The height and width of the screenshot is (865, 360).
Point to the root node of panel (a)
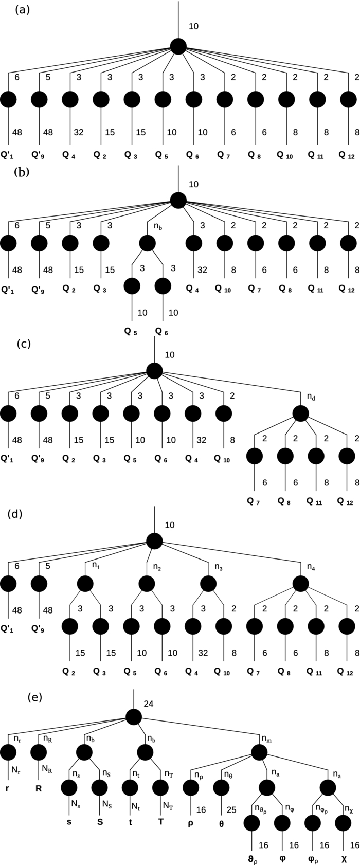178,47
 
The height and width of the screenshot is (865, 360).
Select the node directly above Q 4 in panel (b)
193,242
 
